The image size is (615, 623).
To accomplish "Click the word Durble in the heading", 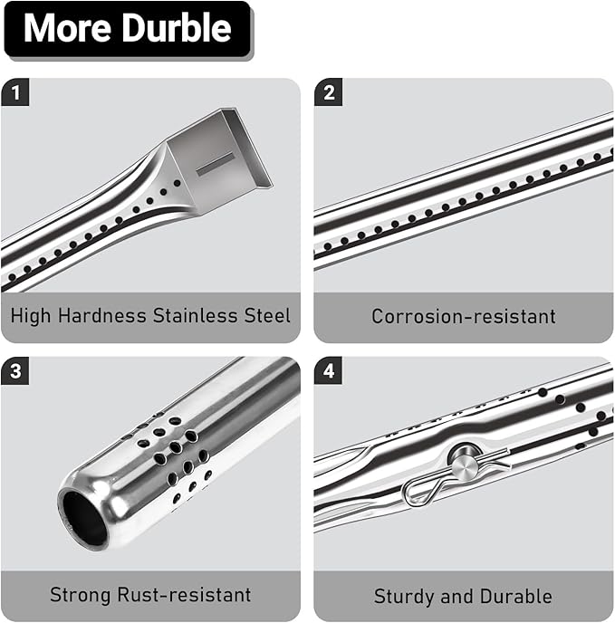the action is (x=176, y=28).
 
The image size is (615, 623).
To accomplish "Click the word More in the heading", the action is (x=67, y=28).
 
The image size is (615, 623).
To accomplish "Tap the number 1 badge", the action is (x=15, y=92).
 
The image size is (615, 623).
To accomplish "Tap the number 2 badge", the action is (x=329, y=92).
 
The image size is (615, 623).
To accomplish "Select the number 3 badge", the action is (x=15, y=370).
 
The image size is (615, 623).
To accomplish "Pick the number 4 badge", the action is (x=329, y=370).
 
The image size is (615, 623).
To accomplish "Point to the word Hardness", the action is (x=102, y=315).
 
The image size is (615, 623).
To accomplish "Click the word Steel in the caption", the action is (x=267, y=315).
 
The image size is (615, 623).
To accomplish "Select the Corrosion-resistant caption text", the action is (x=464, y=316).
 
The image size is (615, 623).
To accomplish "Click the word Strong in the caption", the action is (x=81, y=595).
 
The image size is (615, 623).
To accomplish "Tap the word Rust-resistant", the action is (x=184, y=595).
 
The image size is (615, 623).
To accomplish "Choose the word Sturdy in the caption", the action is (x=404, y=597).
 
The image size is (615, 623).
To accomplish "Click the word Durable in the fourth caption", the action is (x=516, y=597).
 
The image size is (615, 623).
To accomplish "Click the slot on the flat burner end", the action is (x=215, y=163).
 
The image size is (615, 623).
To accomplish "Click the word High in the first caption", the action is (x=31, y=315).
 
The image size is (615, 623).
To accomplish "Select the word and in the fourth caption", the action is (x=457, y=597).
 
